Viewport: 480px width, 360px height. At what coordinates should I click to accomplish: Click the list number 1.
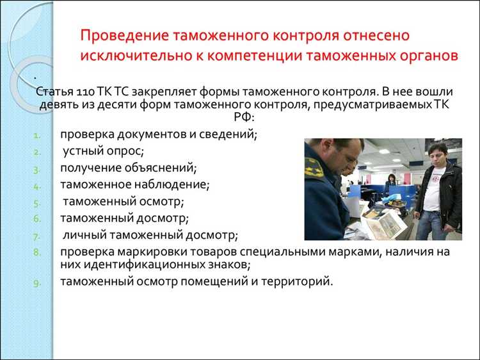coord(37,135)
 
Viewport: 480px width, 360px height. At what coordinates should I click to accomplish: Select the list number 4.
coord(37,186)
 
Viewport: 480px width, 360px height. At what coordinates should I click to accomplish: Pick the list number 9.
coord(37,282)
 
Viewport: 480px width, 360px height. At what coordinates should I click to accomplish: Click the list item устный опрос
coord(104,151)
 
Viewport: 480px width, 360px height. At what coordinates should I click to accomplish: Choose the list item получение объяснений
coord(129,168)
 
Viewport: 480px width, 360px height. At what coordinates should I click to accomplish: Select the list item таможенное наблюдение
coord(135,184)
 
